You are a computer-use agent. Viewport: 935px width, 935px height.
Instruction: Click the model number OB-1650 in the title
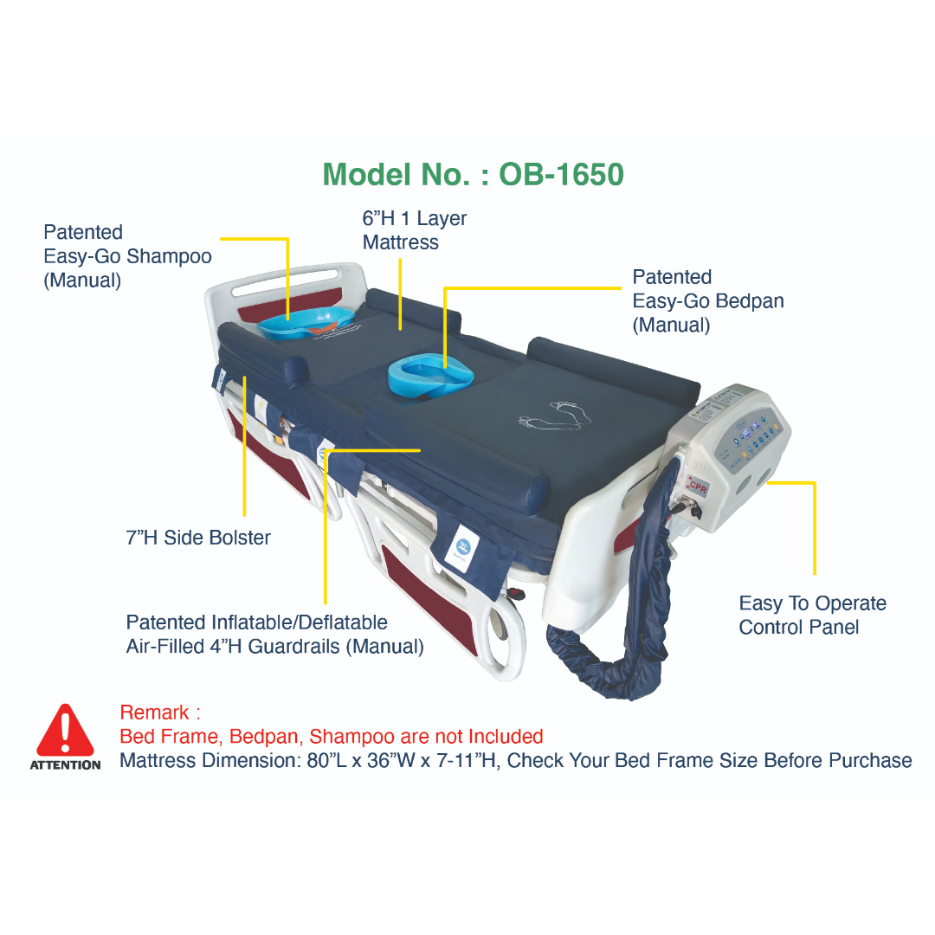561,175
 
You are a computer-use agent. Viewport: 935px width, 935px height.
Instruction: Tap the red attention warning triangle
65,731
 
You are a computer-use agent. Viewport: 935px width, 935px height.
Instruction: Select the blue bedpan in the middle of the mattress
430,376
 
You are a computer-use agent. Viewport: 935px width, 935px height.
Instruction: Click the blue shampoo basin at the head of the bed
306,323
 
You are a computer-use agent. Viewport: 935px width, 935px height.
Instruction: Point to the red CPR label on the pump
697,487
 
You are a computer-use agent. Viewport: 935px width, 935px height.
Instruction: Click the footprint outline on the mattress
555,415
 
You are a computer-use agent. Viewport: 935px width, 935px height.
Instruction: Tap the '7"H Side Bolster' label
198,538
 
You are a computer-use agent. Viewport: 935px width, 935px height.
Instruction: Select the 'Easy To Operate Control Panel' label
812,615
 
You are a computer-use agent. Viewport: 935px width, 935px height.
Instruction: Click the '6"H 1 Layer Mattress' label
415,230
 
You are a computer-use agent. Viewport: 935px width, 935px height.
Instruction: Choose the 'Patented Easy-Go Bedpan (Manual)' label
708,300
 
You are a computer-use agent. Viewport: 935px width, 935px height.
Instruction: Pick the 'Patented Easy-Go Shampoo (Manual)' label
127,256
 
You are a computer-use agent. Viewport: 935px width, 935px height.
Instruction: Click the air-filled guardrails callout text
275,635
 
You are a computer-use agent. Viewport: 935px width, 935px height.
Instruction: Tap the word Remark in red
154,713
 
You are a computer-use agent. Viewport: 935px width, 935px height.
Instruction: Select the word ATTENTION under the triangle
66,765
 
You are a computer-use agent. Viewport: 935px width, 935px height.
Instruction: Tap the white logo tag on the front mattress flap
462,547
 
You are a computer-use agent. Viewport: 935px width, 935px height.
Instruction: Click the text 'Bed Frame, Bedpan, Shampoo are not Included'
332,737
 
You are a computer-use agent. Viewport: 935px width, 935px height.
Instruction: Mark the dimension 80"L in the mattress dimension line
327,761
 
